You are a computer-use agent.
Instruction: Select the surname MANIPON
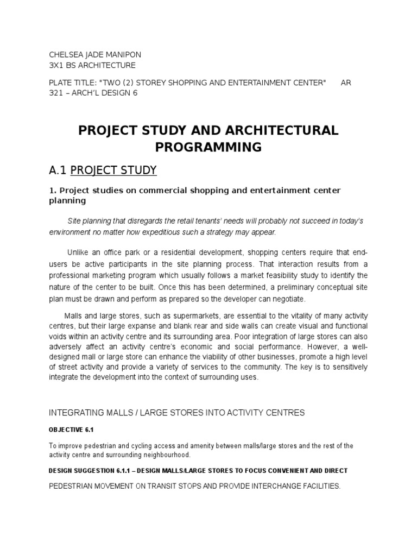pos(125,55)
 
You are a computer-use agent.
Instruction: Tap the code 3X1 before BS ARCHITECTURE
pos(58,65)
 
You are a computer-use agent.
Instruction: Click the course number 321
pos(56,93)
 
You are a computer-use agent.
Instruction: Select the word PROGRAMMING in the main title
pos(208,147)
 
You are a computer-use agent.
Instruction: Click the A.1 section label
pos(58,171)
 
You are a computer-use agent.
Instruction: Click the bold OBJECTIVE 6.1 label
pos(72,430)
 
